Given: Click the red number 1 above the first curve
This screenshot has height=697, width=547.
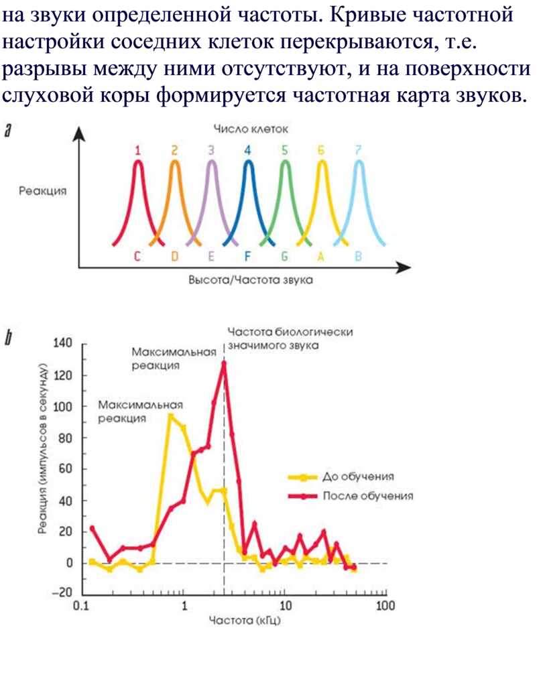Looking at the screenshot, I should click(138, 150).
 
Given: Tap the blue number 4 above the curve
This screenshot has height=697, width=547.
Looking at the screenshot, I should click(248, 150).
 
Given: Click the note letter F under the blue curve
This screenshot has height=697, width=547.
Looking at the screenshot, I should click(248, 255).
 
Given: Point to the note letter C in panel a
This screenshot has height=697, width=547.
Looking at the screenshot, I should click(137, 255).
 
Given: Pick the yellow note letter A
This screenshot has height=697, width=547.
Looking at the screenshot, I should click(321, 255).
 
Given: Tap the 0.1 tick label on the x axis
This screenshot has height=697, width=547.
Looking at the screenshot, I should click(81, 606).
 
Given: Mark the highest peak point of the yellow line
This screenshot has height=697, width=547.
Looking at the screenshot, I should click(171, 416).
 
